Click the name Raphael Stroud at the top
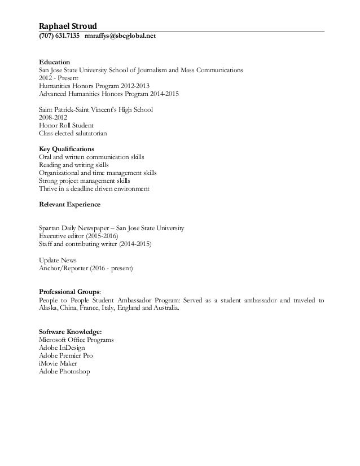pyautogui.click(x=68, y=26)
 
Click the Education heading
pyautogui.click(x=54, y=61)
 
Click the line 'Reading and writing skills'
pyautogui.click(x=74, y=164)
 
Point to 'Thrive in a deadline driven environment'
pyautogui.click(x=94, y=188)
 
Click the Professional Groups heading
pyautogui.click(x=69, y=292)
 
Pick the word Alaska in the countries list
pyautogui.click(x=48, y=308)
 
